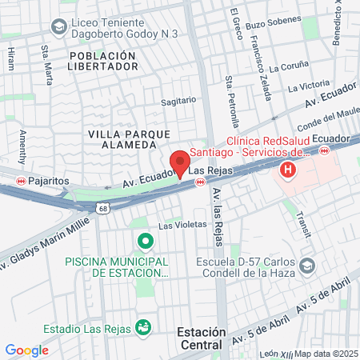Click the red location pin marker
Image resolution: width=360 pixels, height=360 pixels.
(180, 162)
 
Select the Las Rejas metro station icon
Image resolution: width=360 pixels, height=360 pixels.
(201, 182)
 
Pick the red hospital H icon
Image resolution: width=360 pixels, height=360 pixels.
(287, 170)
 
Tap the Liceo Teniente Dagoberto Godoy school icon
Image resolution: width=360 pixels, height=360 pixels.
(58, 27)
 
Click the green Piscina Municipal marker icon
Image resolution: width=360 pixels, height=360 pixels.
(145, 241)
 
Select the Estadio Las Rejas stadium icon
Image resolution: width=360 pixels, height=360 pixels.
(143, 326)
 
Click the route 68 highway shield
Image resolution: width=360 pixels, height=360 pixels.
(103, 209)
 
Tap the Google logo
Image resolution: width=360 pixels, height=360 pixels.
(26, 350)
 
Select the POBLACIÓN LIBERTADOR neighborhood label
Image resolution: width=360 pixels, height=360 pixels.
(104, 61)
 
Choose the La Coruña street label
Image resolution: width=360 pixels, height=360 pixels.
(287, 68)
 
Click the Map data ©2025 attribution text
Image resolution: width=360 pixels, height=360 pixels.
(324, 353)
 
